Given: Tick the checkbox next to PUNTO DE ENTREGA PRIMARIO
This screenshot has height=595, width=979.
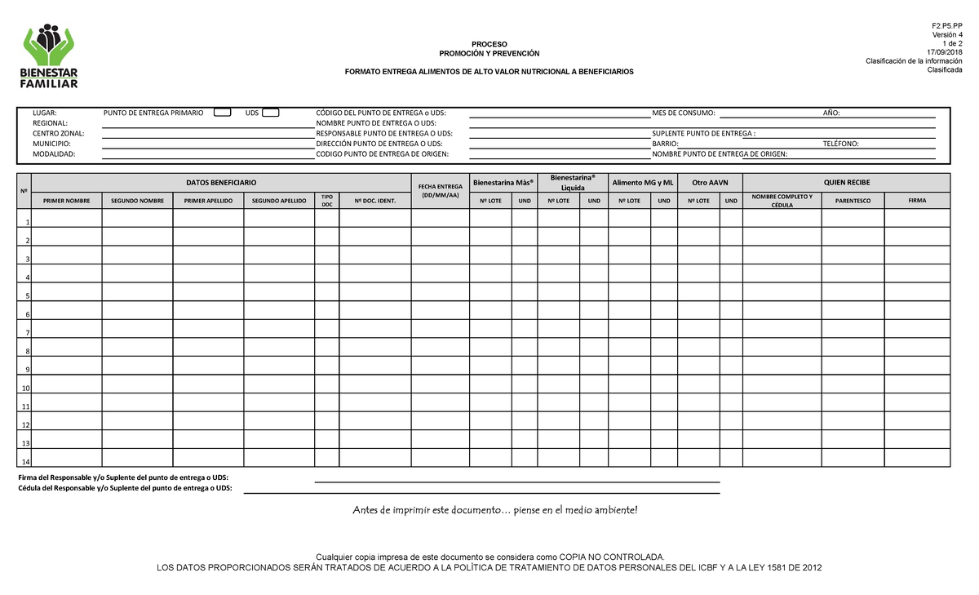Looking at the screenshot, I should [x=222, y=113].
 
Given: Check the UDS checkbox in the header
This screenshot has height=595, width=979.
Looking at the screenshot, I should [x=271, y=113].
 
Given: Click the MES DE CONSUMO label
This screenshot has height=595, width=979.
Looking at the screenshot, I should [x=684, y=113].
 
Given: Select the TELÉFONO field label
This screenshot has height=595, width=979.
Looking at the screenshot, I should [x=840, y=144].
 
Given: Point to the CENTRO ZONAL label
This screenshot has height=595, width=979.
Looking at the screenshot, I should [x=58, y=133].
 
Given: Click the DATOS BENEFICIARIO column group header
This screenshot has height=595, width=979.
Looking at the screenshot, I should [x=221, y=182].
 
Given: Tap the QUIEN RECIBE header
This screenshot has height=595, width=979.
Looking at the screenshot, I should [x=846, y=182].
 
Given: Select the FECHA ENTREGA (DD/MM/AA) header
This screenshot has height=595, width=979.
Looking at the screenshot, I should [x=440, y=192].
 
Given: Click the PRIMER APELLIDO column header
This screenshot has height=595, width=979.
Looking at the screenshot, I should [x=208, y=200].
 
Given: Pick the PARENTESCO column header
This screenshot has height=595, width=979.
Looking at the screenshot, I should [x=853, y=200].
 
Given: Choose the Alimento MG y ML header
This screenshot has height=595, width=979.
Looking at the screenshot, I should [x=643, y=182].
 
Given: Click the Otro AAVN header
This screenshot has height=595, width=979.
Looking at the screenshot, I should [x=710, y=182].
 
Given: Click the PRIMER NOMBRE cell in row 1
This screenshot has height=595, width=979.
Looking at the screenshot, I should [x=67, y=218].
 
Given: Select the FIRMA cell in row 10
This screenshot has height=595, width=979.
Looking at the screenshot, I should [x=917, y=384].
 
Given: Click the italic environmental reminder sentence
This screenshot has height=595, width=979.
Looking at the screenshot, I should [x=494, y=510].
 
